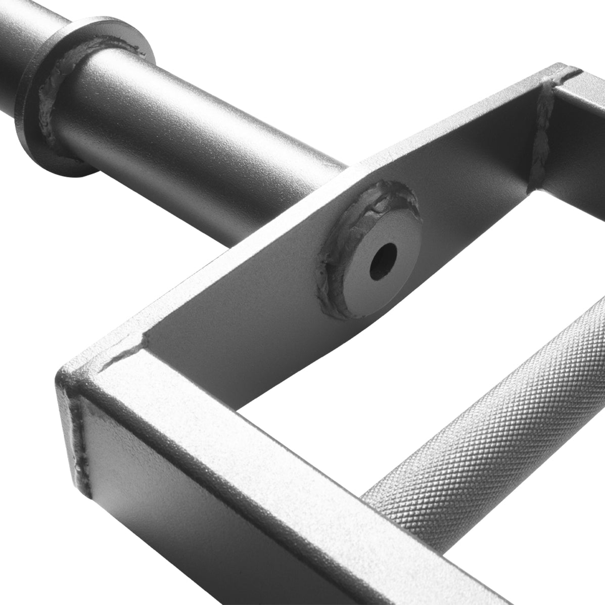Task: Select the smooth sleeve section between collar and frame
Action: [x=202, y=126]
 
